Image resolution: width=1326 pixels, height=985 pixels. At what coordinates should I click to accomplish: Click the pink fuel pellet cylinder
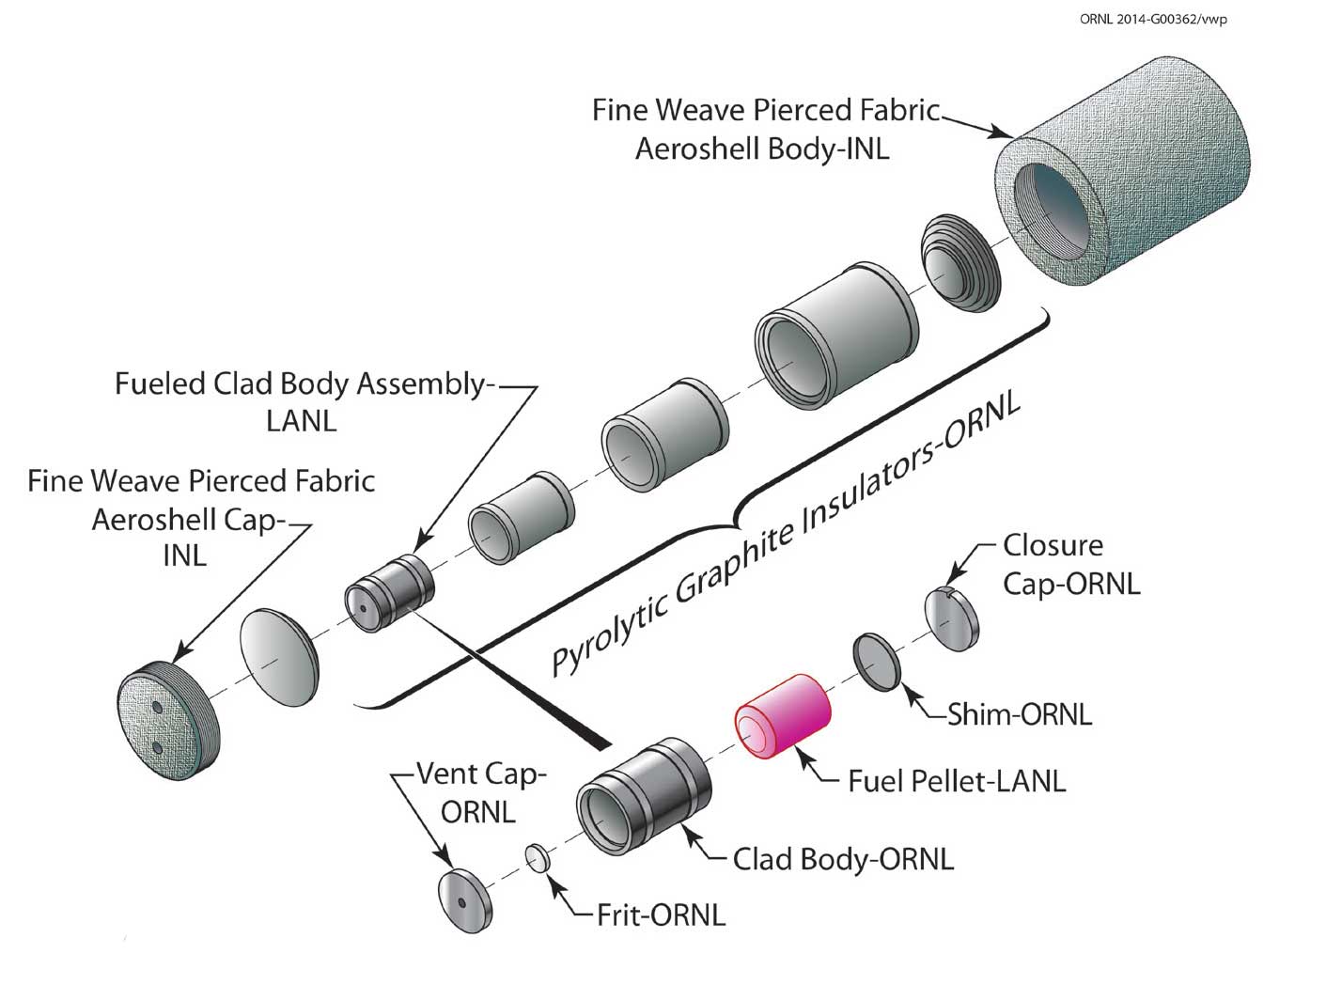click(783, 715)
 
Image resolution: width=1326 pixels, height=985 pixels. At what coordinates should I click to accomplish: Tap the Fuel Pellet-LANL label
click(956, 781)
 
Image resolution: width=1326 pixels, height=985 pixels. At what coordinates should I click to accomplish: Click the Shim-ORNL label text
click(1019, 714)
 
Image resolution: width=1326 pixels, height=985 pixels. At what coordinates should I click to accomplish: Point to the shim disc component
click(877, 662)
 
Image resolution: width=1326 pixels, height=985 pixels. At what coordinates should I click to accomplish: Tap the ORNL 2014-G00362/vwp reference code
click(1153, 19)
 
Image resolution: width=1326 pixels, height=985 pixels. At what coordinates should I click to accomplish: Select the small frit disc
click(538, 858)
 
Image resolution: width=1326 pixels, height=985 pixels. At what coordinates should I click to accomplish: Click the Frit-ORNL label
click(661, 915)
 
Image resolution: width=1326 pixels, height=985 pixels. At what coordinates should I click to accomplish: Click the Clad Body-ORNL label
click(843, 858)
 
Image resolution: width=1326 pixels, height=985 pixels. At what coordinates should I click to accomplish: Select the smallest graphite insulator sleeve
click(522, 519)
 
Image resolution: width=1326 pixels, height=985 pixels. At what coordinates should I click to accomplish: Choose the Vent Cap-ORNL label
click(479, 792)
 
